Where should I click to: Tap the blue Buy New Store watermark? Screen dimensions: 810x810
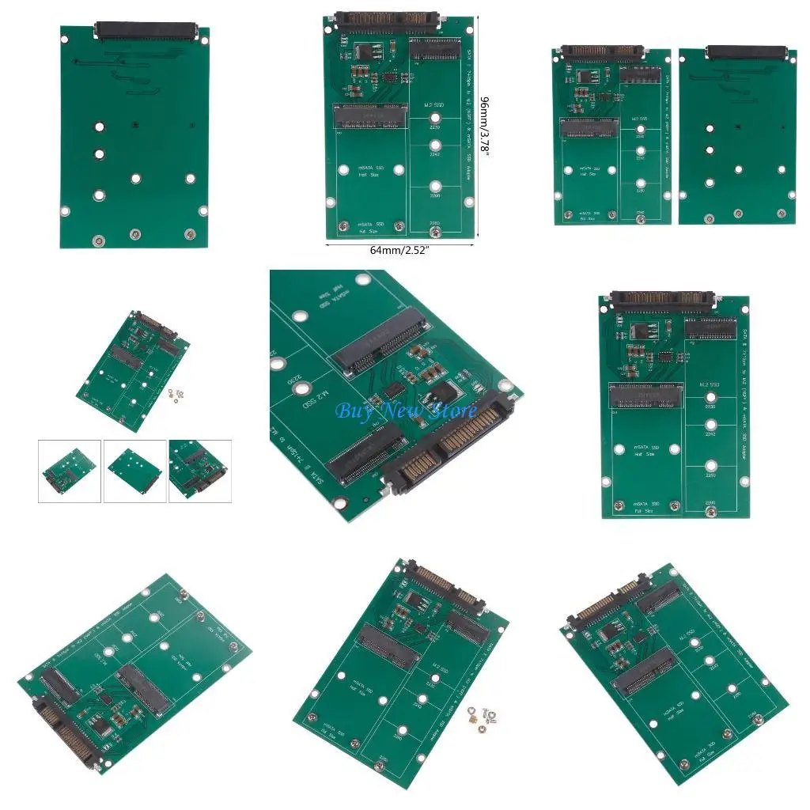[x=406, y=411]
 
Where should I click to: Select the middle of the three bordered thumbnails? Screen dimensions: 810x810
[x=134, y=471]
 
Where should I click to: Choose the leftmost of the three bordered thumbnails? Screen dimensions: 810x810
[x=70, y=471]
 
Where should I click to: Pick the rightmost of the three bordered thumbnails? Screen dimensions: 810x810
[x=200, y=471]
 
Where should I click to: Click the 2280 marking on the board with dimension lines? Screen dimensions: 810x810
[x=434, y=224]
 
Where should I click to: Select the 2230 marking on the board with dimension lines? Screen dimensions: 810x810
[x=434, y=126]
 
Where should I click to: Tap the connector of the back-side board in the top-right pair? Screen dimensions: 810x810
[x=740, y=52]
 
